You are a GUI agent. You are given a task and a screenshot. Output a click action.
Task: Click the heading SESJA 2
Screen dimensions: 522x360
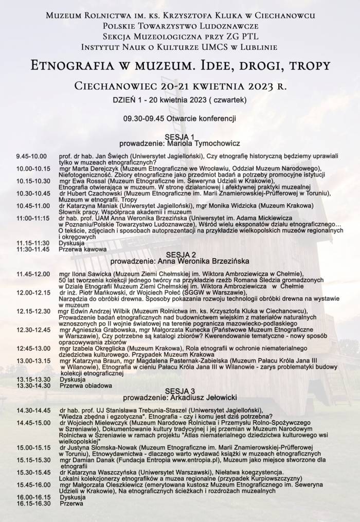179,254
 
